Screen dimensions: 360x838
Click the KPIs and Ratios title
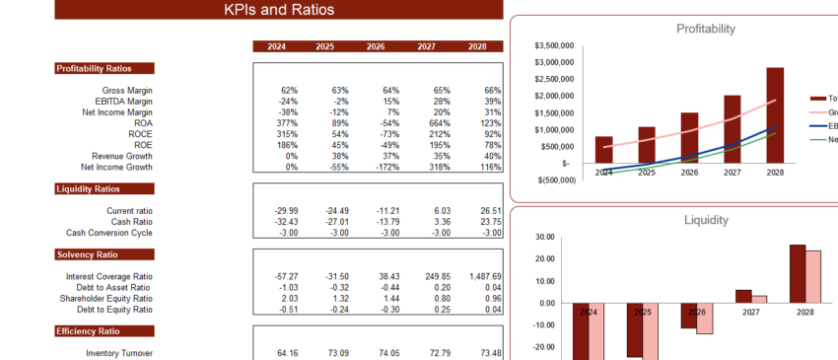point(278,10)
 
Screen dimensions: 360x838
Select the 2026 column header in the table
point(376,46)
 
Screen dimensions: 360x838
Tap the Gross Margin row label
point(128,91)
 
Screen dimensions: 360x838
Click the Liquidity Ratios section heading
point(89,188)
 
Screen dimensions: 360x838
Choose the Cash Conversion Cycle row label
point(109,233)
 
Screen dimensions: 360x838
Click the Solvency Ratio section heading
point(88,254)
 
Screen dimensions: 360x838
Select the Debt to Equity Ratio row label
point(113,310)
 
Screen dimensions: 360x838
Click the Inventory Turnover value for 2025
point(319,353)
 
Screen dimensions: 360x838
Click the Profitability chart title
point(705,30)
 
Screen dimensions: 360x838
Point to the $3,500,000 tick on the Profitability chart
point(553,46)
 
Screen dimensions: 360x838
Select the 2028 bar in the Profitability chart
point(775,114)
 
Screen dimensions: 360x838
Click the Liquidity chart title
point(705,220)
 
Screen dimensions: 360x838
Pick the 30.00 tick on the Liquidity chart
point(541,238)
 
